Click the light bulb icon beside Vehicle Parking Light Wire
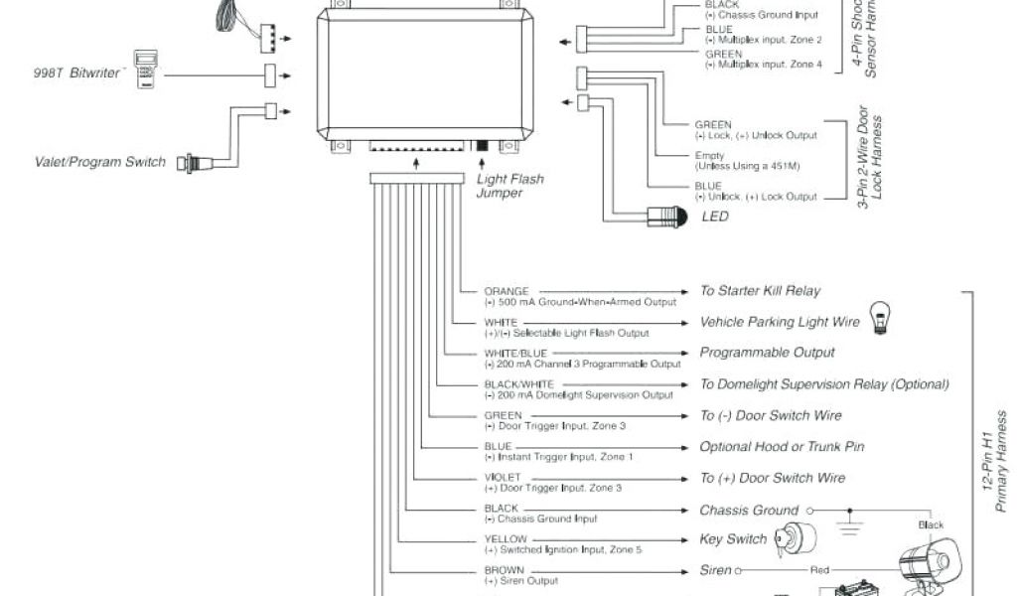click(x=879, y=317)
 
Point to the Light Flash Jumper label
click(x=510, y=186)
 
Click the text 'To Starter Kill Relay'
click(x=761, y=291)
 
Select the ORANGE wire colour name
click(x=507, y=291)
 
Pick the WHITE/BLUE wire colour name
click(x=515, y=354)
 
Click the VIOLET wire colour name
click(x=503, y=478)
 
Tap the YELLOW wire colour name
click(x=506, y=539)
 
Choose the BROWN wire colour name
click(x=505, y=570)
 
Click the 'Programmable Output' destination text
click(x=767, y=353)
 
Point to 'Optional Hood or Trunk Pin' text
click(x=782, y=447)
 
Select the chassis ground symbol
click(x=848, y=521)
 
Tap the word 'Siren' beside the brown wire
click(x=715, y=570)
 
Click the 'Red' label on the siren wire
click(x=820, y=571)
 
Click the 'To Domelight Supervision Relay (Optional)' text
click(x=824, y=384)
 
